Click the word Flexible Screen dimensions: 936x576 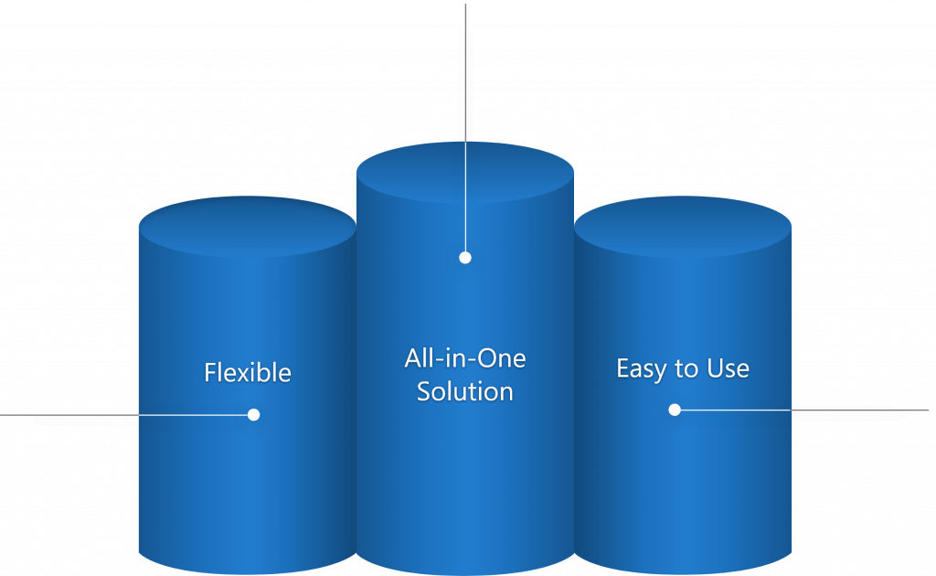coord(248,372)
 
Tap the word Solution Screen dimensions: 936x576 coord(465,391)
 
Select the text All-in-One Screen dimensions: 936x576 coord(465,358)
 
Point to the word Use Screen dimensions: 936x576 coord(728,368)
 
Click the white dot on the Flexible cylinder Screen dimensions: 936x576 coord(254,414)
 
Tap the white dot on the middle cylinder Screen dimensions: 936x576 coord(465,257)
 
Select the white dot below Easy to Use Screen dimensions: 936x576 coord(675,410)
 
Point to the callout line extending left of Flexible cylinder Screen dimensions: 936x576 coord(126,414)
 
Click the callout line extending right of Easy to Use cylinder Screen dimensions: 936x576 coord(802,410)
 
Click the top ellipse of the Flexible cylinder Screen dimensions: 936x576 coord(248,227)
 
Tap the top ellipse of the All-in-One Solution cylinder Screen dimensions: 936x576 coord(465,172)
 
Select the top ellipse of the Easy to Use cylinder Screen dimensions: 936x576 coord(683,227)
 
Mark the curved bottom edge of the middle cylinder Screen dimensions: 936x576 coord(465,574)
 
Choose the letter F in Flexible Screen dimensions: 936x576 coord(210,372)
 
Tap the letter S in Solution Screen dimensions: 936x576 coord(423,391)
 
